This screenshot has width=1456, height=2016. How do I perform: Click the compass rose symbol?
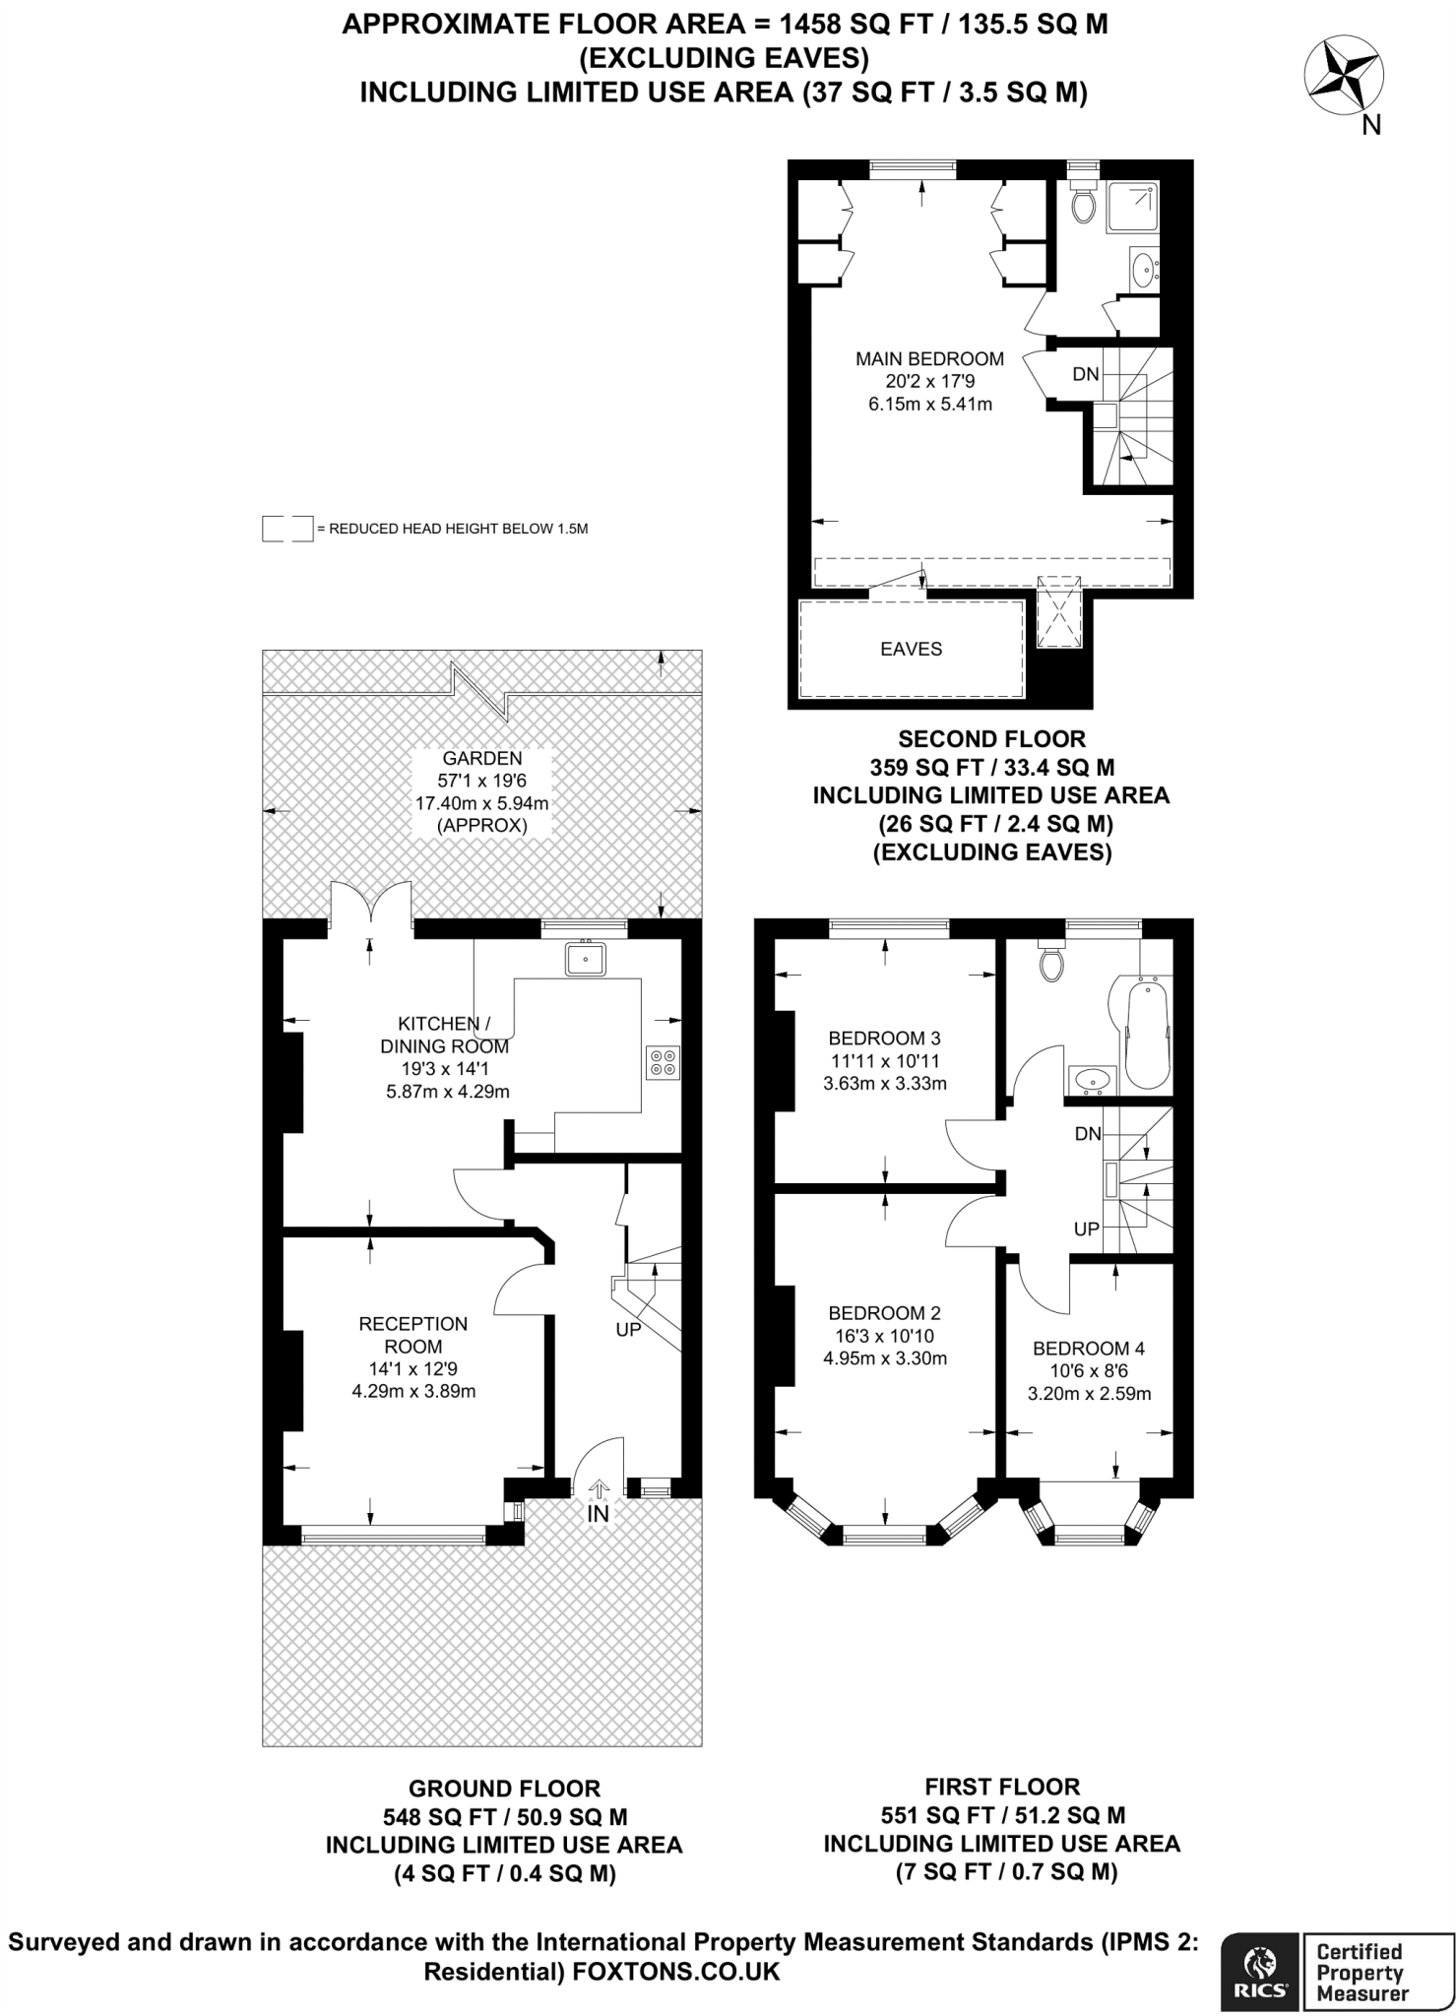pos(1344,75)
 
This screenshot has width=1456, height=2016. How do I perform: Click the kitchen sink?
pos(586,959)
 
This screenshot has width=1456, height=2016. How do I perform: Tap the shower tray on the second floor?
pos(1132,206)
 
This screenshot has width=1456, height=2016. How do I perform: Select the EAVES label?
pos(911,649)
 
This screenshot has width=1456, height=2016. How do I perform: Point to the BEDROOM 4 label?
pos(1088,1349)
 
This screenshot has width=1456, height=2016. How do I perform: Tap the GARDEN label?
pos(482,759)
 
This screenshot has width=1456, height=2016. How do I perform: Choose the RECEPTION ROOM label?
pos(413,1335)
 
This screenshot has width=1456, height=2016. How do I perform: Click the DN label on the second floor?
pos(1086,374)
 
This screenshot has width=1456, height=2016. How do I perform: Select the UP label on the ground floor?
pos(628,1330)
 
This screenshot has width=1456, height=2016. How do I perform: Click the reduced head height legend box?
pos(287,529)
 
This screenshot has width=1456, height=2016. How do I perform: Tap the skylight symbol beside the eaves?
pos(1059,611)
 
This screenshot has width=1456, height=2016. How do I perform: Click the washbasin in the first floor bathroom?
pos(1091,1080)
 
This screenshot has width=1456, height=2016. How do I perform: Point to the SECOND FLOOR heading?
pos(991,739)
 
